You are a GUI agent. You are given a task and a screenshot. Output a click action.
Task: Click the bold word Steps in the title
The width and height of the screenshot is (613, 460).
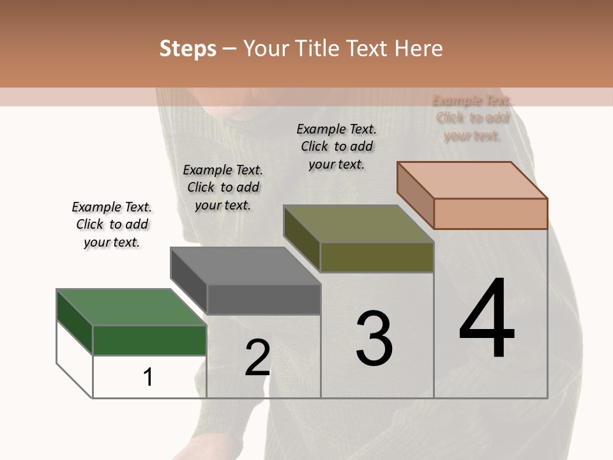188,49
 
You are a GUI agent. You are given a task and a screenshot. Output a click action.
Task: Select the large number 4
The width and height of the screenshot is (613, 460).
487,319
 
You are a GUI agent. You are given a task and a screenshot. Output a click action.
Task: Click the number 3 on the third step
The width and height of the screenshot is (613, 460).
374,339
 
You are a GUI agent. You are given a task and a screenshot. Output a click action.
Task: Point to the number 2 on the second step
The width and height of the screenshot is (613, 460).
257,358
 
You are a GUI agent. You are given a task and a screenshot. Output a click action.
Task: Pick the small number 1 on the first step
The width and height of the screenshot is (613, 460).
148,378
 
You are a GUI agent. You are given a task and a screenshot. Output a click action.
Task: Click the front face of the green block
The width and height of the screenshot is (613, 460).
149,340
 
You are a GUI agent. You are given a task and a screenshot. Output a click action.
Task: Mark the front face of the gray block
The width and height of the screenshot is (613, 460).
264,299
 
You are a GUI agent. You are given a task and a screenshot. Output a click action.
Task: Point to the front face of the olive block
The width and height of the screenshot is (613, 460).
377,257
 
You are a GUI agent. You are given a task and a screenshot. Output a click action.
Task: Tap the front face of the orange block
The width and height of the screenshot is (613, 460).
490,213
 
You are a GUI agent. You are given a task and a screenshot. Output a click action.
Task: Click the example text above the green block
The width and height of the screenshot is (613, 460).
112,225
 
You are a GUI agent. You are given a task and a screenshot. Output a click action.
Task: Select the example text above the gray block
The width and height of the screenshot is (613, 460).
223,187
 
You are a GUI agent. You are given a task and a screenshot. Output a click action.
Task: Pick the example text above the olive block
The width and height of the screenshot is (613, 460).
337,146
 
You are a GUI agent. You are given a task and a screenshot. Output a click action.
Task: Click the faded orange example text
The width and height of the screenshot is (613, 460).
473,118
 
